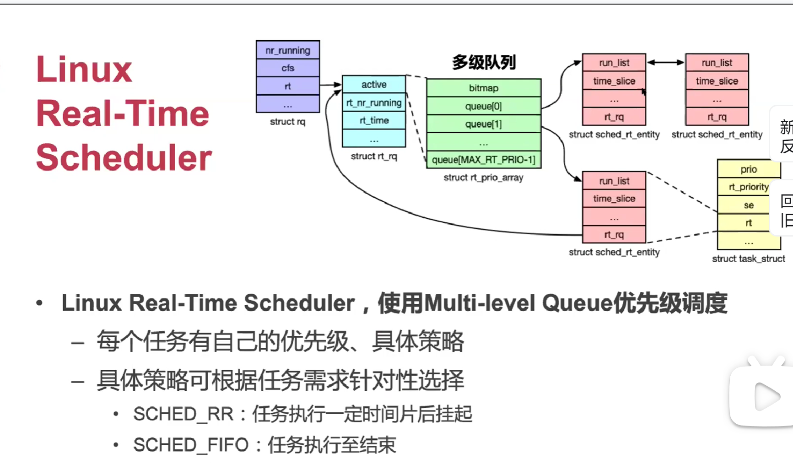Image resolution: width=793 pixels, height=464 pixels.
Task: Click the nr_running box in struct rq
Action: click(288, 50)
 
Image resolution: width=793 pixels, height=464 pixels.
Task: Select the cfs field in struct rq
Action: click(288, 68)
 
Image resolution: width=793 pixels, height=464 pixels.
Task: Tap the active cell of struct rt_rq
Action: click(374, 85)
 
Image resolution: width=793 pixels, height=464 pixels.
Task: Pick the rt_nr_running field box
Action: click(374, 103)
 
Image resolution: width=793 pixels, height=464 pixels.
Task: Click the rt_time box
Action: click(374, 120)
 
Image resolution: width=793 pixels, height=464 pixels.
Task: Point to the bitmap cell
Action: click(484, 88)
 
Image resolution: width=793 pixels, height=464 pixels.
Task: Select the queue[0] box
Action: click(484, 106)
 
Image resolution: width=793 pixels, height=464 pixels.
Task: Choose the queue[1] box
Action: click(484, 124)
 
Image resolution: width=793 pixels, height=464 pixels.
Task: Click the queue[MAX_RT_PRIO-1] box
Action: click(484, 160)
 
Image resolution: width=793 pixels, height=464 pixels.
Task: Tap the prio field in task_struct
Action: click(749, 169)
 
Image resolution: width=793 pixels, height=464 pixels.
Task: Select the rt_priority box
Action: click(749, 187)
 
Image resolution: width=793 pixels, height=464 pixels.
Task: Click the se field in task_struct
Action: click(749, 205)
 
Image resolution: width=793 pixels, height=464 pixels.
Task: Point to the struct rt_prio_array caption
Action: click(483, 178)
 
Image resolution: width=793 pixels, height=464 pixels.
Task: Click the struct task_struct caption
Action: click(749, 259)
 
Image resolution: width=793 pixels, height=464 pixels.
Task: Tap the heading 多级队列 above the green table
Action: click(484, 62)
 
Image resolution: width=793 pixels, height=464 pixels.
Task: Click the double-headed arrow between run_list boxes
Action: click(666, 62)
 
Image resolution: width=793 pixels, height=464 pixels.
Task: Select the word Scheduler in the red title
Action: click(124, 157)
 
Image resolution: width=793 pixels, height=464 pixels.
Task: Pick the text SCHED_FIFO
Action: click(191, 445)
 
